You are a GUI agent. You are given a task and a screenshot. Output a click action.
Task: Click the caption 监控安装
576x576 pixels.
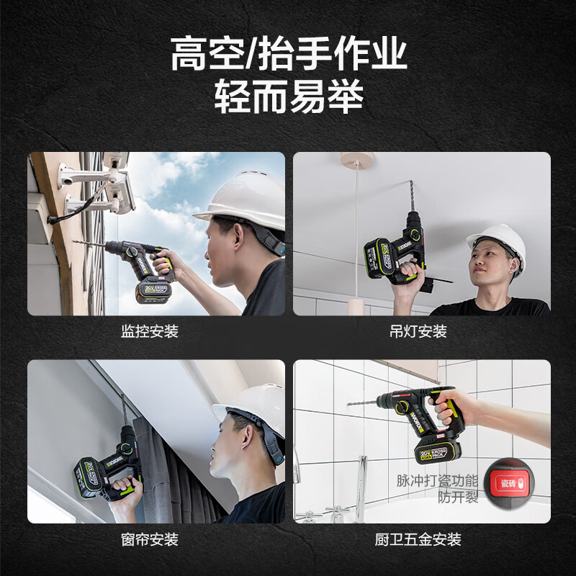click(x=150, y=331)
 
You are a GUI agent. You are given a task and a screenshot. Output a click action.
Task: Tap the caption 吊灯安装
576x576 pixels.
click(x=418, y=331)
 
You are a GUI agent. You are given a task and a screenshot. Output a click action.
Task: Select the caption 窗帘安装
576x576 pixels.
click(x=150, y=539)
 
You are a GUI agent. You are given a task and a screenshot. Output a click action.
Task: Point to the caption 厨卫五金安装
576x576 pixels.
click(x=418, y=539)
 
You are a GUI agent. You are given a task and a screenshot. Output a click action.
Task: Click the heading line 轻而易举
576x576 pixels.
click(x=289, y=96)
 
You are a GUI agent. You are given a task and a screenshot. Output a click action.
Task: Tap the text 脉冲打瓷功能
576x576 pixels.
click(x=437, y=481)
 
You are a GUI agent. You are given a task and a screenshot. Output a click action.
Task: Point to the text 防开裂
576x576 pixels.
click(x=458, y=497)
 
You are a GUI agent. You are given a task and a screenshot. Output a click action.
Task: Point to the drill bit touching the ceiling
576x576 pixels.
click(x=412, y=197)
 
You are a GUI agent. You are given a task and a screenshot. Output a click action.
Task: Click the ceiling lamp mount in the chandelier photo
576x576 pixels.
click(x=356, y=159)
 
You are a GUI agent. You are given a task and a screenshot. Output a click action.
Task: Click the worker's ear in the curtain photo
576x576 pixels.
click(x=246, y=437)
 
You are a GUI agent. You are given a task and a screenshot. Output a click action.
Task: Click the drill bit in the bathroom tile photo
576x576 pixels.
click(x=363, y=403)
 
